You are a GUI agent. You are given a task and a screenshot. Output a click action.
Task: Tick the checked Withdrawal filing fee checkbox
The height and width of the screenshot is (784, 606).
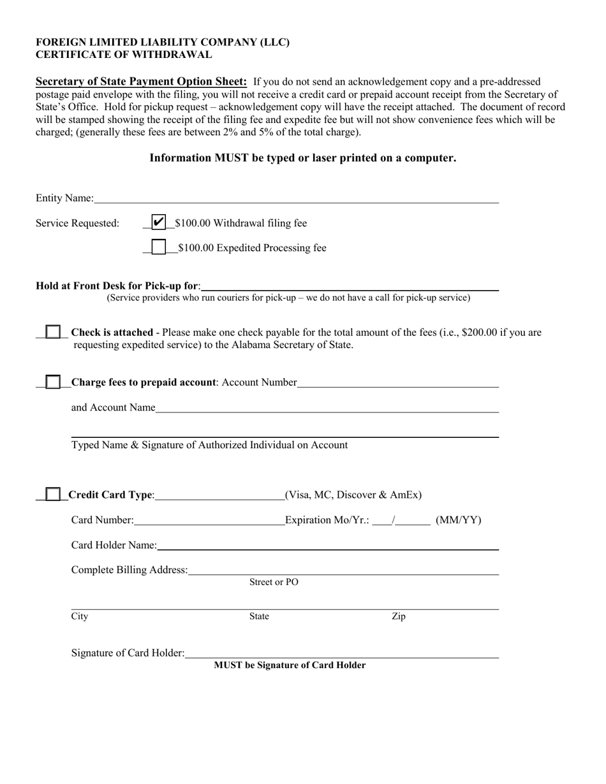point(158,222)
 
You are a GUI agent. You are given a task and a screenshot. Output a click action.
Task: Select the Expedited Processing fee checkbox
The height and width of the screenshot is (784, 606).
point(158,247)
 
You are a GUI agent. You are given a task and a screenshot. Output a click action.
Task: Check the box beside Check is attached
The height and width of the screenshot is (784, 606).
point(54,332)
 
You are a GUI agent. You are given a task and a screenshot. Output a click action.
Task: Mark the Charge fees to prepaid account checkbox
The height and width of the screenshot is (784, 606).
point(54,382)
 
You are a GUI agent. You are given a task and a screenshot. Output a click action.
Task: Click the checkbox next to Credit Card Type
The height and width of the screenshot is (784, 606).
point(54,495)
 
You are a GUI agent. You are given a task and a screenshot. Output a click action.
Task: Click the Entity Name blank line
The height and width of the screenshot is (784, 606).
point(296,199)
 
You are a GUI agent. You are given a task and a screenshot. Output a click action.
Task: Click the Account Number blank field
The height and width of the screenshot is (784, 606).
point(397,382)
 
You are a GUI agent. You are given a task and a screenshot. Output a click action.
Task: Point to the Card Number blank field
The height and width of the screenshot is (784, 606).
point(209,521)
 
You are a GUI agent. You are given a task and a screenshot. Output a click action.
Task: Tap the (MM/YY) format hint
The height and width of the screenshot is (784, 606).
point(458,520)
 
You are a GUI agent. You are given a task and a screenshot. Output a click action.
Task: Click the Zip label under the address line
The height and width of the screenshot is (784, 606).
point(398,616)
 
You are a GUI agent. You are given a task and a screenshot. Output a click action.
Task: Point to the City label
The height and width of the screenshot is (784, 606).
point(80,616)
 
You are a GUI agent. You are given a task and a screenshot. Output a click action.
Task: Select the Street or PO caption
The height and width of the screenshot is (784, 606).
point(274,582)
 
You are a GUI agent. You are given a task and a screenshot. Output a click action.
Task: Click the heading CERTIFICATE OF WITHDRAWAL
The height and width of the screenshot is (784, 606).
point(124,55)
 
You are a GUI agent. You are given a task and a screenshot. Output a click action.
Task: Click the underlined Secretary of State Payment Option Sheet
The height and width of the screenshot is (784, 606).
point(141,82)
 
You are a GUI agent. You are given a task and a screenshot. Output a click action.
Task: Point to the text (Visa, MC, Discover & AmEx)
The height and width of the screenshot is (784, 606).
point(353,495)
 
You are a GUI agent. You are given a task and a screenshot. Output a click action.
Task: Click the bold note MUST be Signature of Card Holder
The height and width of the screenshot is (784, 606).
point(290,665)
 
